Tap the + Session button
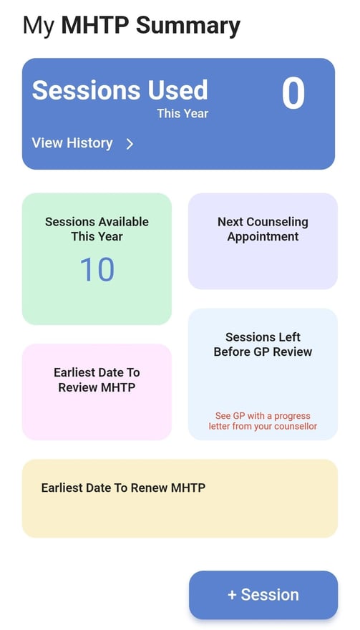coord(263,595)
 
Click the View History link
coord(72,143)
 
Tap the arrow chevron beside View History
coord(130,144)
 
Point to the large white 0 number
coord(293,93)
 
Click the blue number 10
coord(97,270)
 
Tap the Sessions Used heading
coord(120,89)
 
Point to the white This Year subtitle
coord(183,113)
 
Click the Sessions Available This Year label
coord(97,229)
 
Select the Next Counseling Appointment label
coord(263,229)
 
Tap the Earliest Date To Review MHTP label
coord(97,379)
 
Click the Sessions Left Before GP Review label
coord(263,344)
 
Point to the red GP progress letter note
coord(263,421)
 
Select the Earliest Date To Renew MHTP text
coord(123,488)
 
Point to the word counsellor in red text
coord(297,426)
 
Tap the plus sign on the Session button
coord(232,595)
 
